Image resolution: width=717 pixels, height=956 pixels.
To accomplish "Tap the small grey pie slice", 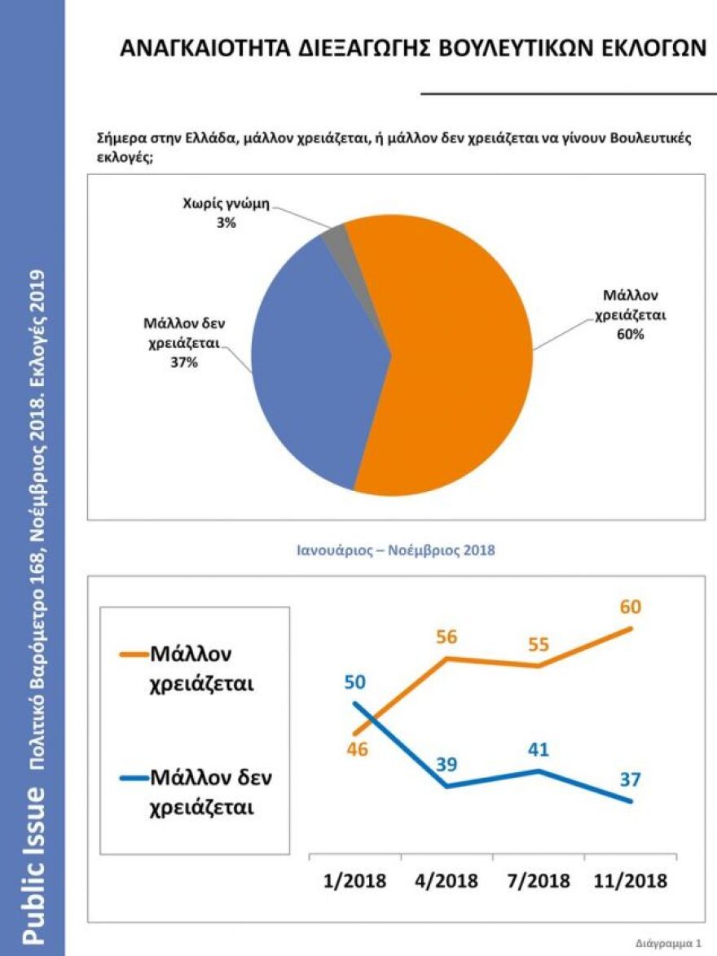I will point(335,237).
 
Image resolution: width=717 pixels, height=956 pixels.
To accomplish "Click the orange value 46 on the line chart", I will point(357,749).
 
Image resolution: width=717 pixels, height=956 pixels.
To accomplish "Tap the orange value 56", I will point(446,638).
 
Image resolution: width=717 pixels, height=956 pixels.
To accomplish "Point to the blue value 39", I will point(446,765).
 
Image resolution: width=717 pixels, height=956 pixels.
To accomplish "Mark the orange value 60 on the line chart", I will point(630,607).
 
